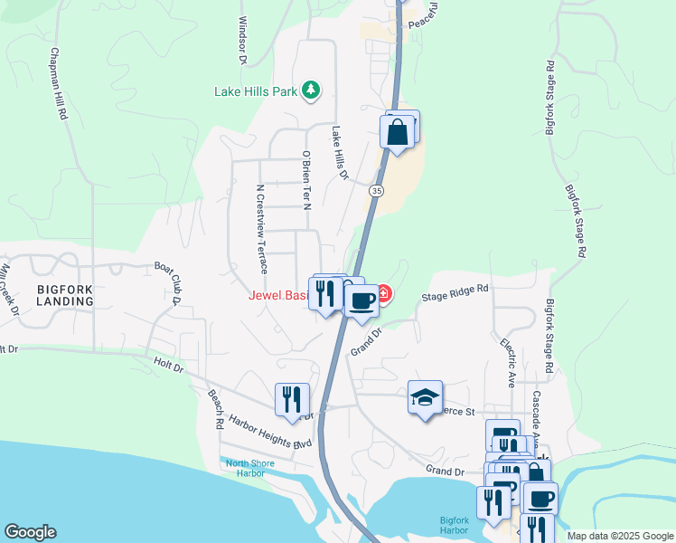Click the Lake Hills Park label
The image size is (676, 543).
tap(257, 90)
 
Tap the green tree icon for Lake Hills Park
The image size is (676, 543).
tap(311, 89)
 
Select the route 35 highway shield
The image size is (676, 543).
tap(376, 190)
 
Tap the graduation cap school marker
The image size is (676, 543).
tap(425, 396)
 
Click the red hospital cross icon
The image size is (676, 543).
tap(383, 294)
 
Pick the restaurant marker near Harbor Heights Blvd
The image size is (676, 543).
tap(291, 399)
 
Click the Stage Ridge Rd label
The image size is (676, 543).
tap(455, 293)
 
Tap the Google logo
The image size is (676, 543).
tap(30, 532)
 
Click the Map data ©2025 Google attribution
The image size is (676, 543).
tap(619, 536)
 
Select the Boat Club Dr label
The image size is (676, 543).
tap(169, 283)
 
